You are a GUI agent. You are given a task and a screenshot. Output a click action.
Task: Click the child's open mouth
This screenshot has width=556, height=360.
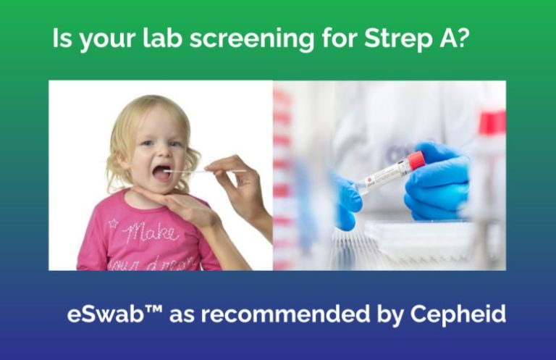(x=160, y=173)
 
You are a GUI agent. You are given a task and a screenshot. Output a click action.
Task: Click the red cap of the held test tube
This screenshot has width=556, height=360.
(x=416, y=160)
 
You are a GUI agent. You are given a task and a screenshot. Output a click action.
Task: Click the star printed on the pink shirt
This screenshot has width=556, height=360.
(x=113, y=224)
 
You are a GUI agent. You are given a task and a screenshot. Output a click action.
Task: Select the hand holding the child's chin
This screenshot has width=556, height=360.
(x=177, y=206)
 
